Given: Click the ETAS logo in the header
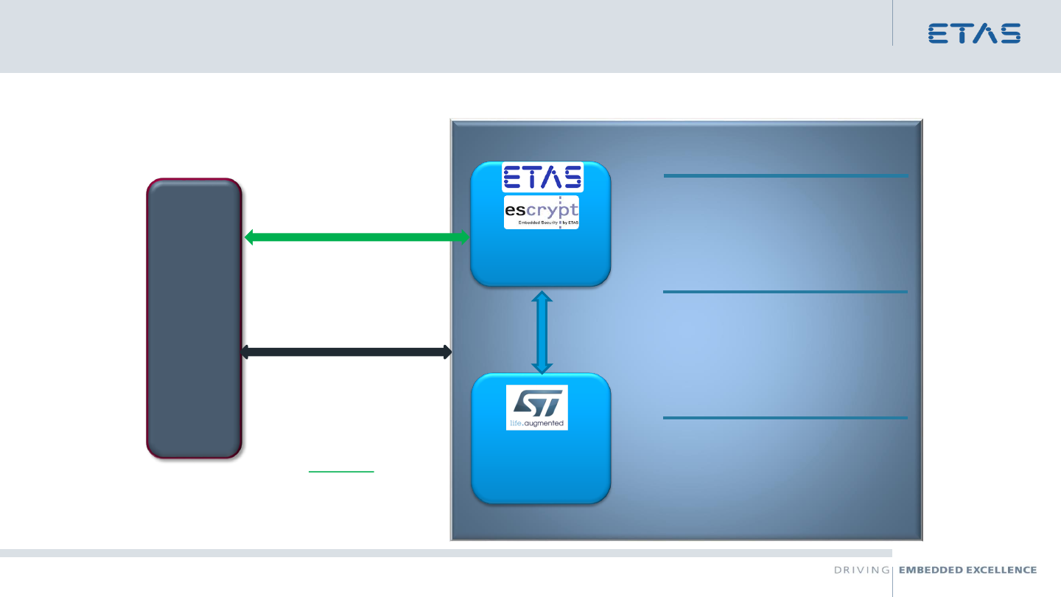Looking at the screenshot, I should coord(974,33).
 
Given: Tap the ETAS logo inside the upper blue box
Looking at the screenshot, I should coord(542,177).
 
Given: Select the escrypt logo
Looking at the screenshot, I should coord(542,212).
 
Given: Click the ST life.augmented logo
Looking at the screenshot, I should coord(537,408).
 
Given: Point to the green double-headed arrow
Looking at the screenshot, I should coord(357,237).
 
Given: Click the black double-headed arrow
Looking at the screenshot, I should coord(346,352).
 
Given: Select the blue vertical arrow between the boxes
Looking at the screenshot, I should coord(542,332).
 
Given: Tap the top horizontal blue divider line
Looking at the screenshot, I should coord(785,175).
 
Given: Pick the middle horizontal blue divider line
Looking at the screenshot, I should coord(785,292).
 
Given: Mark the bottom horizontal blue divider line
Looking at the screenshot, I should coord(785,418).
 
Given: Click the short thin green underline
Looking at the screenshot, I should coord(341,469).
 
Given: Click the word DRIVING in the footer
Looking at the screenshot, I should coord(861,570).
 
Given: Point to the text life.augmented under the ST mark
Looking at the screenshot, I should coord(536,423).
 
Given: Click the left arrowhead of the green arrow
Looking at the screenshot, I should coord(250,237).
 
